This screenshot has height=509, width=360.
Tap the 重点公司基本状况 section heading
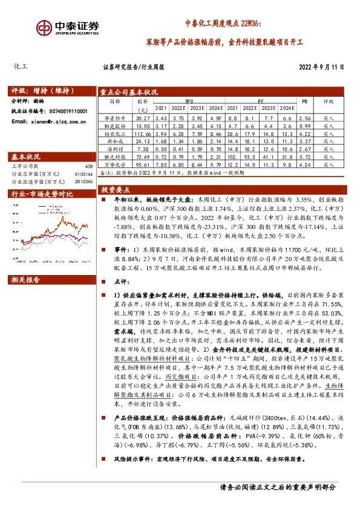click(x=129, y=92)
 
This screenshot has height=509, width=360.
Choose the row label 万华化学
click(x=115, y=164)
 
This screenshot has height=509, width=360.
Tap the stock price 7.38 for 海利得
click(x=143, y=148)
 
